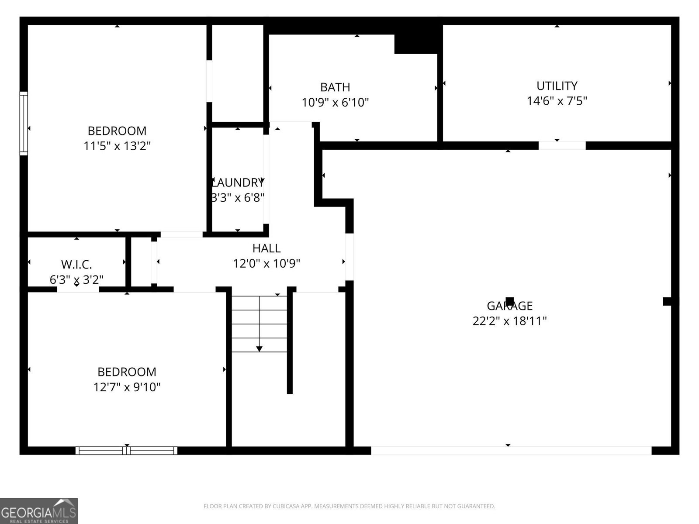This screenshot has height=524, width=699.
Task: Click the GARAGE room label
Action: (509, 306)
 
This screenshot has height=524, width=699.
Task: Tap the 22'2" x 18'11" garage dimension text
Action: (509, 321)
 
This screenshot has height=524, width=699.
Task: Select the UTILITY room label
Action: (557, 86)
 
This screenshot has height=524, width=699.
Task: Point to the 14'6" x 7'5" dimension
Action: (557, 101)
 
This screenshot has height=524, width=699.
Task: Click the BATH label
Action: (335, 87)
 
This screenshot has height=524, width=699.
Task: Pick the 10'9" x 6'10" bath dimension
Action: (335, 103)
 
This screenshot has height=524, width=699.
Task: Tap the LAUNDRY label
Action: (238, 183)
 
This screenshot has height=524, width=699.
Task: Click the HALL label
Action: (266, 248)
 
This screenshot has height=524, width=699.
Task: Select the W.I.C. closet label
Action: (76, 264)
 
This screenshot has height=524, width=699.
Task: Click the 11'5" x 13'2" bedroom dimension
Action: (117, 146)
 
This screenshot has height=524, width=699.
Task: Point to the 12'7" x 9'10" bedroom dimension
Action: (127, 387)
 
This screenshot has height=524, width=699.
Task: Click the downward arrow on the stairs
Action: (259, 348)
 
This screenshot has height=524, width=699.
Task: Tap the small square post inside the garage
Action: (509, 301)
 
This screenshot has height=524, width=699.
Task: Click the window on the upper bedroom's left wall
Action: (24, 124)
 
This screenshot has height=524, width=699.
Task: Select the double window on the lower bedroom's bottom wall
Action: (127, 450)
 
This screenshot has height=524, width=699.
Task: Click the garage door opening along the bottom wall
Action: (511, 450)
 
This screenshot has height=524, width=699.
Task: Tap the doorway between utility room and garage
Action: (562, 145)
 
